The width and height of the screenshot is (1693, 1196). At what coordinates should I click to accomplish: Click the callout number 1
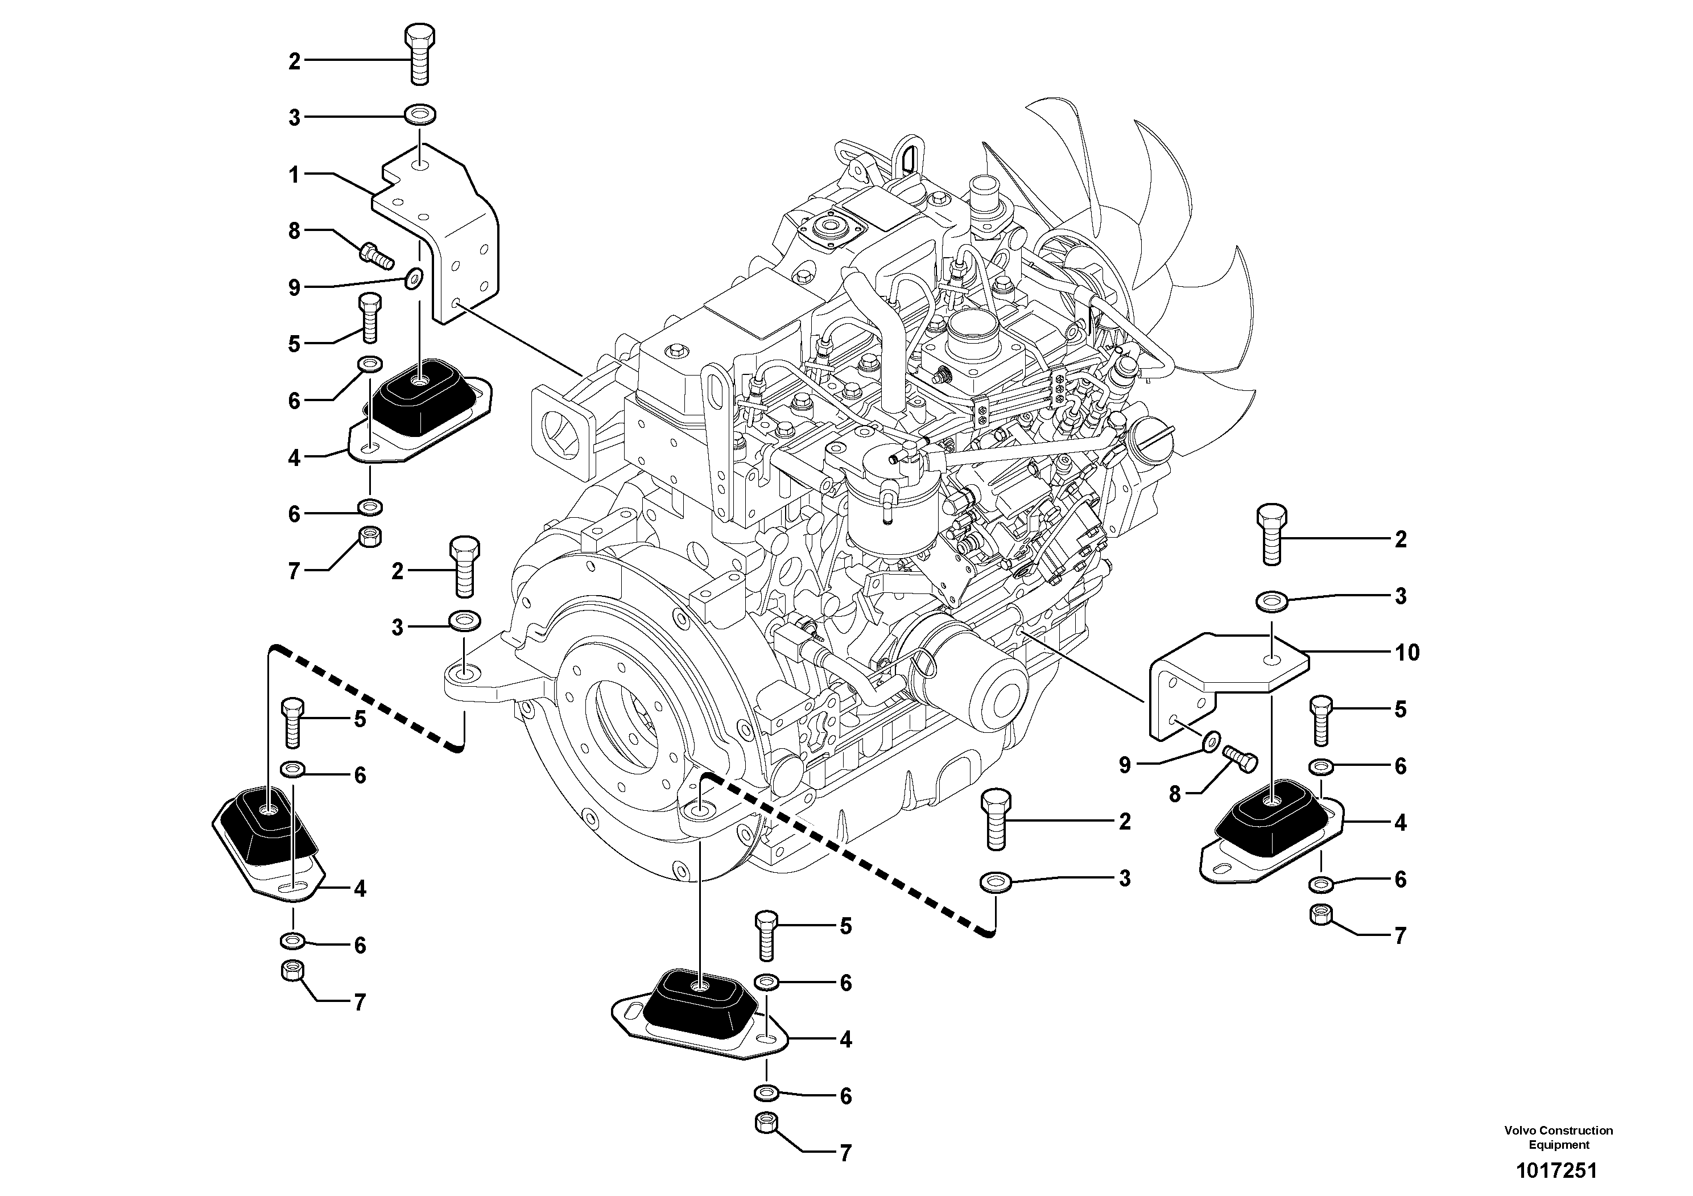point(294,175)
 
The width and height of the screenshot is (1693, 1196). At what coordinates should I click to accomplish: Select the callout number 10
point(1407,652)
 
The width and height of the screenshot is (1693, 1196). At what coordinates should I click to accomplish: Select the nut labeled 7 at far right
point(1320,914)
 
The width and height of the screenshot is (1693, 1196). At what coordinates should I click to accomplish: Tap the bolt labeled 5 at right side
point(1320,721)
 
